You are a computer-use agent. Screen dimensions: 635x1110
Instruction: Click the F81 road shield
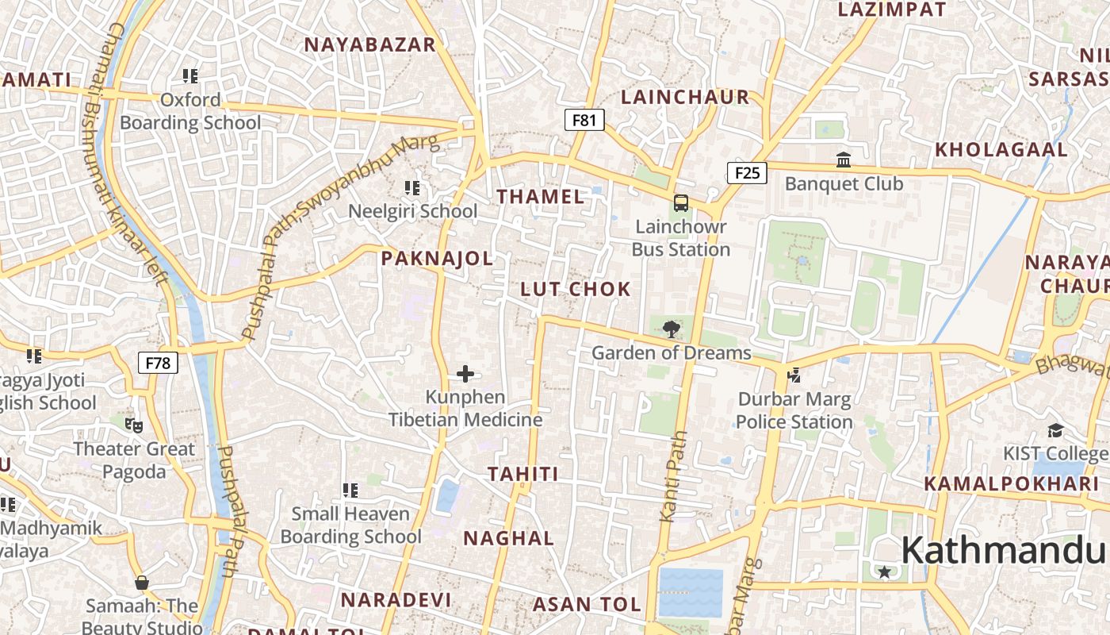point(584,120)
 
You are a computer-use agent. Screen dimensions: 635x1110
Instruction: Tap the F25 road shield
point(747,172)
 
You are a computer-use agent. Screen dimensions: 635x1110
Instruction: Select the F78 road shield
point(158,364)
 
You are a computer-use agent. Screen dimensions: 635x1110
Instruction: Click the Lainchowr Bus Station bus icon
point(680,203)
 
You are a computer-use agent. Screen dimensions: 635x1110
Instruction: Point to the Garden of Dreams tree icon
point(671,329)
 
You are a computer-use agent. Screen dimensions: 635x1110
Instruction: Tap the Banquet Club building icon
point(844,160)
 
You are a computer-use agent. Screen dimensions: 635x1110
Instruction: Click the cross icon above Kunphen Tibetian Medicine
point(465,373)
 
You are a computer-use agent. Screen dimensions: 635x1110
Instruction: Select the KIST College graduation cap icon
point(1055,430)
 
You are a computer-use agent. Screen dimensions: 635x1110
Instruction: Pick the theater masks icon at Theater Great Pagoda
point(134,425)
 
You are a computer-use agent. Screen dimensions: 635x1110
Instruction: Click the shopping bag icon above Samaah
point(142,583)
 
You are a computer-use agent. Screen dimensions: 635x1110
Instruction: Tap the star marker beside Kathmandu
point(884,571)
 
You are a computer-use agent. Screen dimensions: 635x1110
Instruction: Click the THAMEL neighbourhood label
point(540,196)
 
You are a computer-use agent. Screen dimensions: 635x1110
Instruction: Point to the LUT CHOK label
point(576,289)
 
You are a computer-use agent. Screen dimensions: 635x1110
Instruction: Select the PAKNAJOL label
point(437,258)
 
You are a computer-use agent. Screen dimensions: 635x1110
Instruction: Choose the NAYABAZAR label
point(370,44)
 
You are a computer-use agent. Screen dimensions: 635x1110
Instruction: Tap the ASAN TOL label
point(587,604)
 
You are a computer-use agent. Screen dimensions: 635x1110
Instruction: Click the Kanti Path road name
point(673,476)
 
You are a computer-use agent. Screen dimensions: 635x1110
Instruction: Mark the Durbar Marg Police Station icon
point(794,375)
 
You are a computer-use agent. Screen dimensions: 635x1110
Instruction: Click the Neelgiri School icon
point(412,188)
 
